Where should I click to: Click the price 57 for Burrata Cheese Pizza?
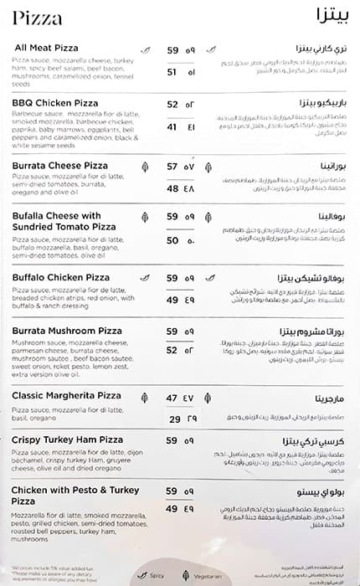click(x=172, y=167)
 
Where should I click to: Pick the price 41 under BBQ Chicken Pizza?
click(x=172, y=127)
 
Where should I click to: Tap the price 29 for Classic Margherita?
click(x=175, y=419)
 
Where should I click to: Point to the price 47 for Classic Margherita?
click(x=172, y=398)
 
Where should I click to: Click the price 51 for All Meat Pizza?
click(x=172, y=72)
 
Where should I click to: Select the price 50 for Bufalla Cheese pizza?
click(x=172, y=240)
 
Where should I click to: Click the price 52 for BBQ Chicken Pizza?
click(x=172, y=105)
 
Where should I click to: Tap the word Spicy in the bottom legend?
click(x=157, y=576)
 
